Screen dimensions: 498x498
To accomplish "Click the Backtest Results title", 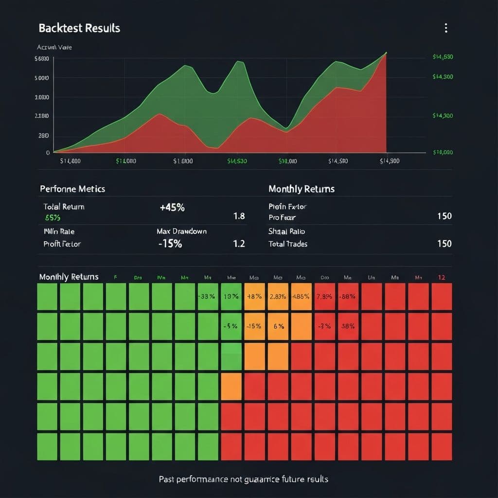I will point(79,28).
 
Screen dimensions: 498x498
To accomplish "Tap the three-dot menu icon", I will point(445,28).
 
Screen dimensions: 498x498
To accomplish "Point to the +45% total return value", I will point(172,207).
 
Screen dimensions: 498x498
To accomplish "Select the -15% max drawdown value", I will point(170,244).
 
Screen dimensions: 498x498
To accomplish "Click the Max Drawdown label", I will point(181,231).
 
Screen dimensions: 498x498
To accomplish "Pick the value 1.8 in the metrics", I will point(239,216).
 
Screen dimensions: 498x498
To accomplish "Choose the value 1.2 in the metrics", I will point(239,244).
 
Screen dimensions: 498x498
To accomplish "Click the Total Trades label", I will point(288,244).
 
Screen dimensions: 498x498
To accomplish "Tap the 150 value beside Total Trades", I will point(444,244).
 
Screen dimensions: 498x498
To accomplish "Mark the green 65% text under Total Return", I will point(53,218).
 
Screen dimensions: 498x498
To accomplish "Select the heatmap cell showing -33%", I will point(208,297).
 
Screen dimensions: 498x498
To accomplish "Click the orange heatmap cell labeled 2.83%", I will point(278,297).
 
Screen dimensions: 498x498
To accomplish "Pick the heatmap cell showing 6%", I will point(278,326).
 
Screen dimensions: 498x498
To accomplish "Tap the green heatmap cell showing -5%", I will point(231,326).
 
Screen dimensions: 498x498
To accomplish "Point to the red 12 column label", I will point(442,277).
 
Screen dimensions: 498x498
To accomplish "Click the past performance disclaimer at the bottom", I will point(244,479).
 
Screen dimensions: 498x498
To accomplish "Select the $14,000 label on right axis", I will point(443,152).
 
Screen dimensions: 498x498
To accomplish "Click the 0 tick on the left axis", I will point(48,152).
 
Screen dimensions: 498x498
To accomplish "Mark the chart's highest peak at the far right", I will point(386,53).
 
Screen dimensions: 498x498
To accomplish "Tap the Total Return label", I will point(64,207).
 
